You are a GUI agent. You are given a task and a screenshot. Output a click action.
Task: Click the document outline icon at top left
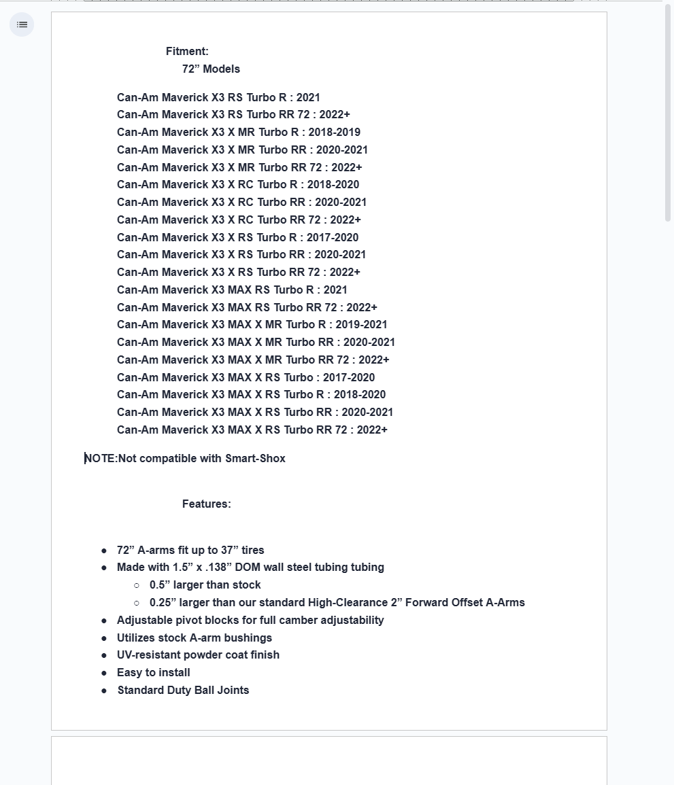point(22,25)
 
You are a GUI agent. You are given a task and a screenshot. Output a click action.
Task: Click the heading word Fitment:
point(187,52)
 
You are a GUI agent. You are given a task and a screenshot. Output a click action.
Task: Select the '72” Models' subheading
point(211,69)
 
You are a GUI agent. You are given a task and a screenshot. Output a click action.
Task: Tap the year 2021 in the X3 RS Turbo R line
point(308,98)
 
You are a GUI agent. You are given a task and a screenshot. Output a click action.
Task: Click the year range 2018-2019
point(334,133)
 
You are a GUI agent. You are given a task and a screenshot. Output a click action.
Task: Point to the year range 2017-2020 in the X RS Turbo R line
point(333,238)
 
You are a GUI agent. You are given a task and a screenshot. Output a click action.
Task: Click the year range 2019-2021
point(361,325)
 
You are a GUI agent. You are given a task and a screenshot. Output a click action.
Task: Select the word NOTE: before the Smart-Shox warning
point(101,459)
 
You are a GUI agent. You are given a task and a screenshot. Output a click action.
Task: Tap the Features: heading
point(206,504)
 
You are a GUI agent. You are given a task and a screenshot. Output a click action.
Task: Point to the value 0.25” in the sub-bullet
point(163,603)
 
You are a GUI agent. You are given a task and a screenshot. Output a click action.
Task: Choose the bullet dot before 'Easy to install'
point(104,673)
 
